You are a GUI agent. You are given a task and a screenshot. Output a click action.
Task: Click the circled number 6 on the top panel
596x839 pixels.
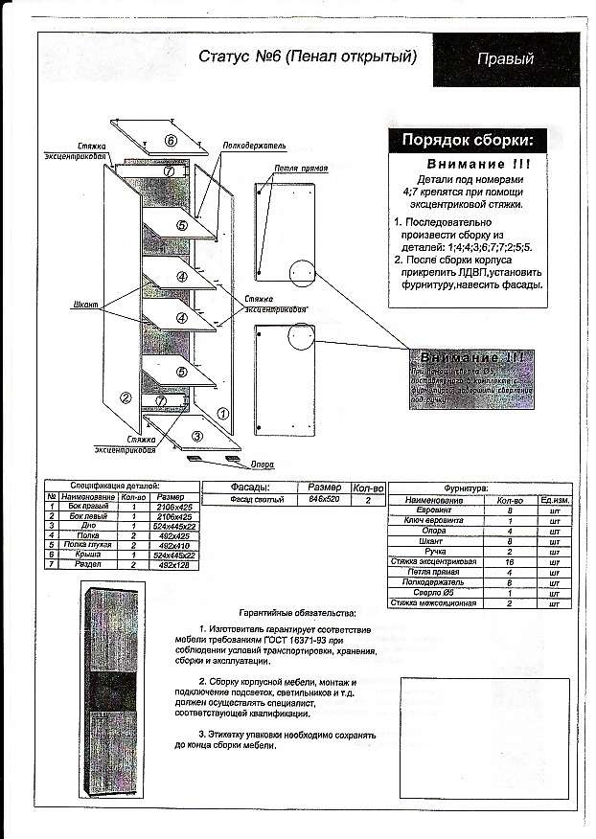pyautogui.click(x=171, y=141)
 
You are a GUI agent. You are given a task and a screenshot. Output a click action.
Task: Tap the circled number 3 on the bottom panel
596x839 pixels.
pyautogui.click(x=195, y=436)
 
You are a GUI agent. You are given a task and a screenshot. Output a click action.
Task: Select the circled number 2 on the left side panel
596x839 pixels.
pyautogui.click(x=125, y=397)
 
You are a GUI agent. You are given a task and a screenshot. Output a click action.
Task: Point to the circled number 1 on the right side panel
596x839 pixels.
pyautogui.click(x=222, y=414)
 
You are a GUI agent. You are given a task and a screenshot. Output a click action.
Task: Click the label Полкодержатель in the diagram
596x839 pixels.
pyautogui.click(x=254, y=146)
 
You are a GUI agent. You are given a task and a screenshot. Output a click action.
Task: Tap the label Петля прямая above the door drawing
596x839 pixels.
pyautogui.click(x=300, y=169)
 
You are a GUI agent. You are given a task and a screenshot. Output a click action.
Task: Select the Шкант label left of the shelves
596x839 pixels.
pyautogui.click(x=86, y=304)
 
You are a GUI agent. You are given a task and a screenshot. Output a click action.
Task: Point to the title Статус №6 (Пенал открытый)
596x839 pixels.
pyautogui.click(x=308, y=57)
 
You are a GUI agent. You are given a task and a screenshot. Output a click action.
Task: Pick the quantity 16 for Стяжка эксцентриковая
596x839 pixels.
pyautogui.click(x=505, y=561)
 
